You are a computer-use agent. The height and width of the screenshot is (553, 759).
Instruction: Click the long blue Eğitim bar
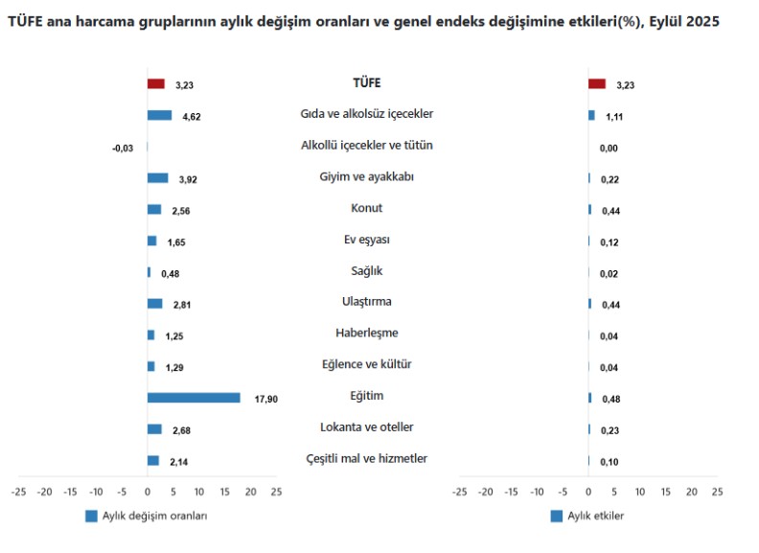(x=194, y=398)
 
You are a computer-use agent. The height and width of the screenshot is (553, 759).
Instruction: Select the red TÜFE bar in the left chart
(x=156, y=84)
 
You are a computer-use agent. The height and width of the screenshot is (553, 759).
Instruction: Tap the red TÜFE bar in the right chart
(x=597, y=84)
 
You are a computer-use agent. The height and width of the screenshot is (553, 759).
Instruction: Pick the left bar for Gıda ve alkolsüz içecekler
(x=159, y=116)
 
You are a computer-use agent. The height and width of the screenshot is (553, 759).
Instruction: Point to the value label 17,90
(x=265, y=399)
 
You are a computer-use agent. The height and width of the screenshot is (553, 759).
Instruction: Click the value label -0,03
(x=123, y=148)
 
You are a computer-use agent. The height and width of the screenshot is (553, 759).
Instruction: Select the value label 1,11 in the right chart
(x=615, y=116)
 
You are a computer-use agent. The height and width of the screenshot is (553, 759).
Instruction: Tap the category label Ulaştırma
(x=367, y=302)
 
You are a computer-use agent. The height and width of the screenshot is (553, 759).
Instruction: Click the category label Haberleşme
(x=367, y=334)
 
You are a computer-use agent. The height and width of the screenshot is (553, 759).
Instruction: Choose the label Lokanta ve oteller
(x=367, y=427)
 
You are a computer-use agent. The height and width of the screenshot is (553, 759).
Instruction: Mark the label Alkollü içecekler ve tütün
(x=367, y=146)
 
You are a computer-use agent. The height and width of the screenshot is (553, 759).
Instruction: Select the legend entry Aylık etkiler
(x=595, y=516)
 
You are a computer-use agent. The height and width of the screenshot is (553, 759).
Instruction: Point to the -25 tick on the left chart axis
(x=18, y=492)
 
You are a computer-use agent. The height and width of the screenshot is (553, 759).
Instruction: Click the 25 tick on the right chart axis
(x=717, y=492)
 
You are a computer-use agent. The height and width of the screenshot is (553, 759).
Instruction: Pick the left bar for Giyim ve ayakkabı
(x=157, y=178)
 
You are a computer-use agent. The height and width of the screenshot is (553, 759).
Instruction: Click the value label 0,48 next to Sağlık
(x=171, y=273)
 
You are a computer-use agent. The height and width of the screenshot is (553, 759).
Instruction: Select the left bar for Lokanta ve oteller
(x=154, y=429)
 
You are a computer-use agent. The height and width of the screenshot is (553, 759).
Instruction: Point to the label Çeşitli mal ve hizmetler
(x=367, y=459)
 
